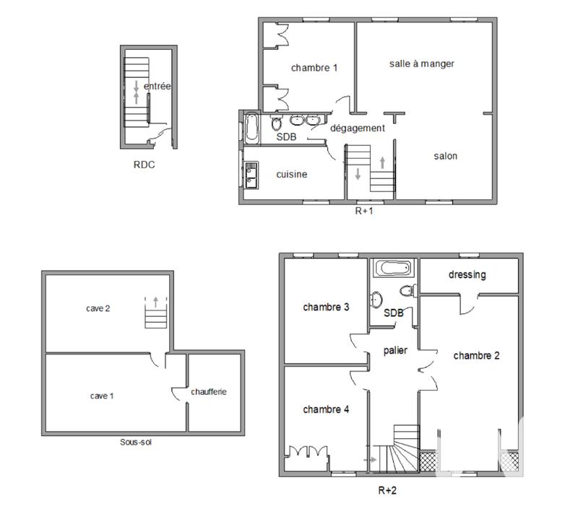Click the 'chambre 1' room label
(x=314, y=68)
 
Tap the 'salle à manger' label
(x=422, y=64)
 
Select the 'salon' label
(x=445, y=156)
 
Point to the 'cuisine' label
(x=292, y=174)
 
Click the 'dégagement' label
(x=358, y=128)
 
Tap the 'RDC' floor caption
(x=144, y=165)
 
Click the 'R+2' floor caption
(x=388, y=490)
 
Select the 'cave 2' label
(x=97, y=308)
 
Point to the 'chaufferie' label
(x=209, y=392)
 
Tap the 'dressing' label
(x=467, y=274)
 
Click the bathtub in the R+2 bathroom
(x=393, y=269)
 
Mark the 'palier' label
(x=395, y=350)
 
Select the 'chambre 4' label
(x=326, y=409)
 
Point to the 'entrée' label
(x=158, y=87)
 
